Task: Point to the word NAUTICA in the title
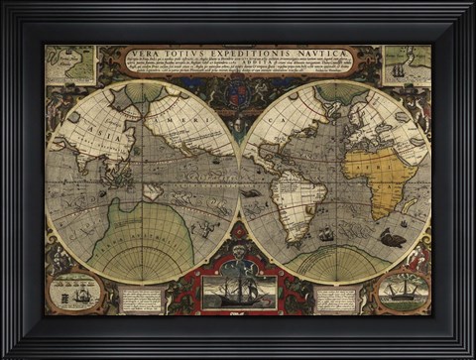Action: coord(323,53)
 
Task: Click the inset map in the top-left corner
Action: coord(70,64)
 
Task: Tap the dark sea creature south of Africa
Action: coord(392,238)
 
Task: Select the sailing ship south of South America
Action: coord(327,235)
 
